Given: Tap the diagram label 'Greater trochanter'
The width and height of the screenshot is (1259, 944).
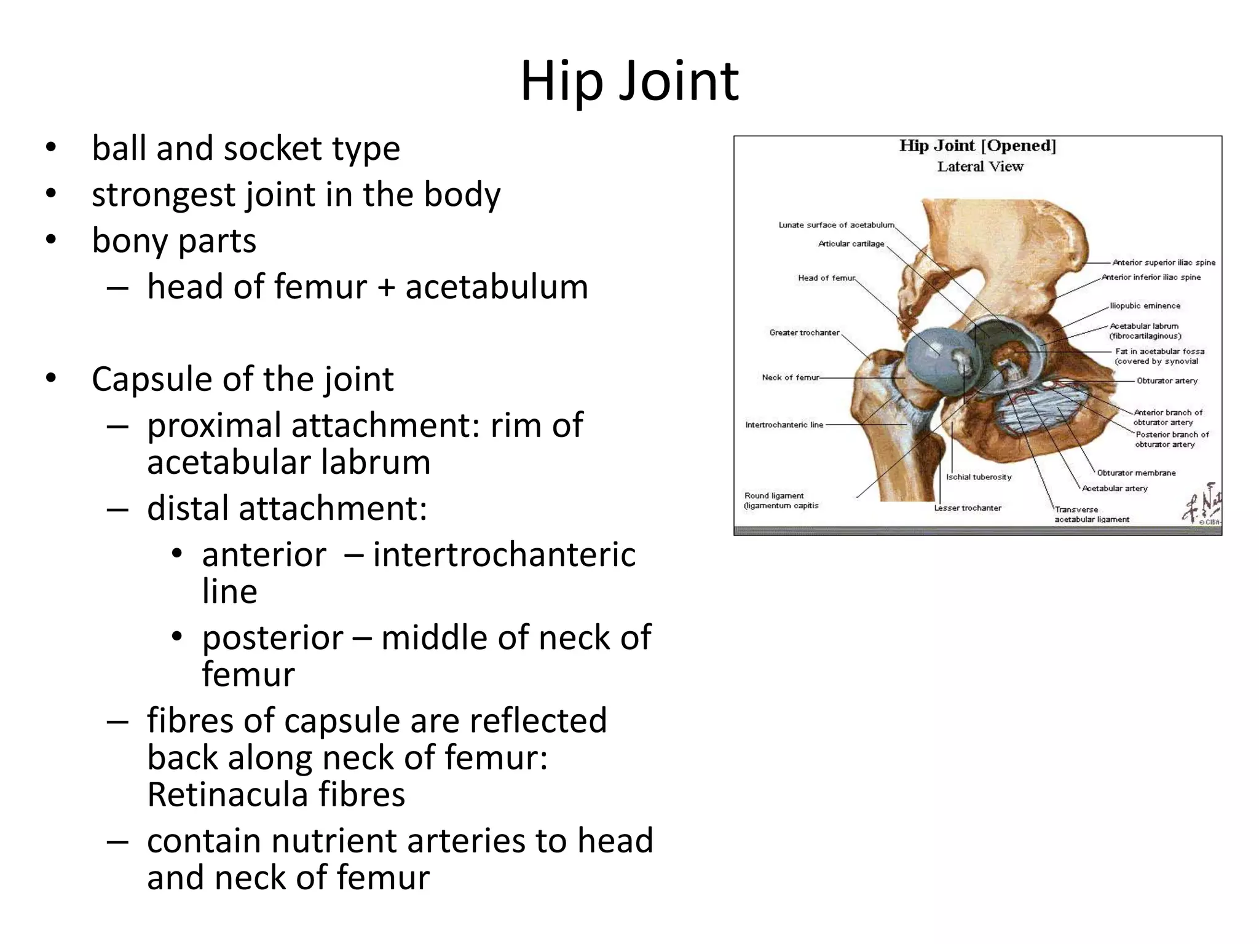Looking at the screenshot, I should [804, 332].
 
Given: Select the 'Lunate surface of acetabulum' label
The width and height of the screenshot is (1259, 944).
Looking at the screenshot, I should [836, 225].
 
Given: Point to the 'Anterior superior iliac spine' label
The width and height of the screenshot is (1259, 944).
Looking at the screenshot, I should [1164, 262].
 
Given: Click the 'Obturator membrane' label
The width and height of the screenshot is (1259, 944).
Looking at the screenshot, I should [1136, 473].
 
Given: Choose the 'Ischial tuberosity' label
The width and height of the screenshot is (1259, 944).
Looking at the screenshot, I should [979, 477].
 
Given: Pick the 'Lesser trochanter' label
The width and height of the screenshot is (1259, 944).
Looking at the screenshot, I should [968, 508].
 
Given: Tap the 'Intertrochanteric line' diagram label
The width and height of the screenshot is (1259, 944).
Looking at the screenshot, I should [784, 425].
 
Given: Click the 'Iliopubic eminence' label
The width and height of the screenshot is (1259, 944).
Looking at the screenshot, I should [1145, 305].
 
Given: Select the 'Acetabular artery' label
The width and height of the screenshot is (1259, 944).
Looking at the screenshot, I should [1115, 488].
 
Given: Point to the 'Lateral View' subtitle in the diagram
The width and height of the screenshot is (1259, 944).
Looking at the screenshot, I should [980, 167].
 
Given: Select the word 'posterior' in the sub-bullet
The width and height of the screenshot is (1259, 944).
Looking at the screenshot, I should [272, 638].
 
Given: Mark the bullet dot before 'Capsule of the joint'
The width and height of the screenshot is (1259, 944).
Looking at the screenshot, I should [50, 379].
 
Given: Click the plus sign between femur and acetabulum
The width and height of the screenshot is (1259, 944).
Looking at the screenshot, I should [385, 287].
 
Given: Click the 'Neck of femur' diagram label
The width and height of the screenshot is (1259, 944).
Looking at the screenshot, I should [790, 377].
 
